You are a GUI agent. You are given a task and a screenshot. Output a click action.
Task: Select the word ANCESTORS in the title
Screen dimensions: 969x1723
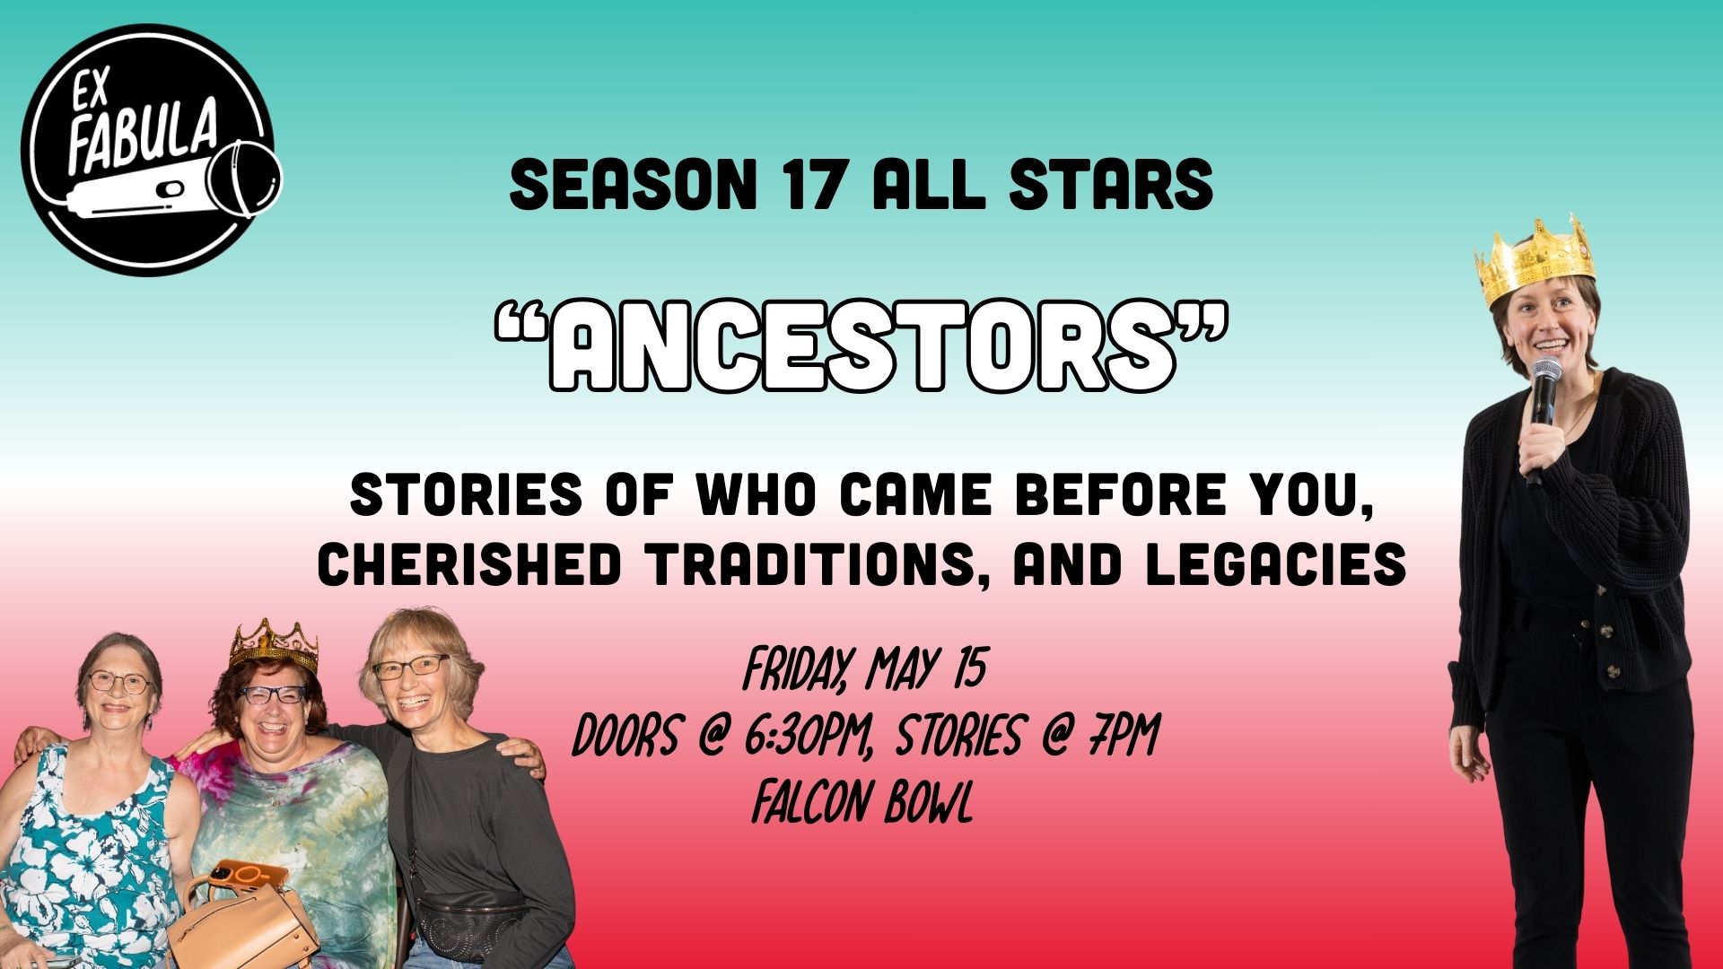[x=861, y=345]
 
